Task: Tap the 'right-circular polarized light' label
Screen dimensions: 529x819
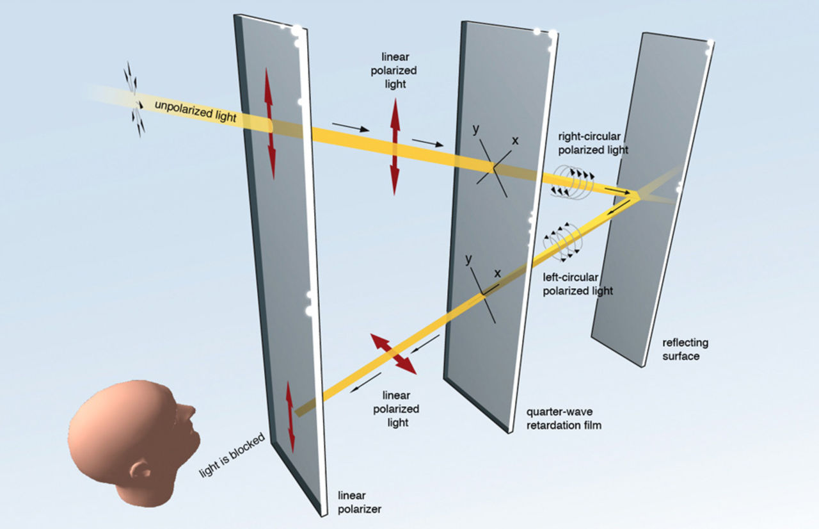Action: pos(592,143)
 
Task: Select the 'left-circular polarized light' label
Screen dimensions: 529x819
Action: pos(578,284)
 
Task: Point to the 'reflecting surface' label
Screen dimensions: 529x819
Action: pos(685,349)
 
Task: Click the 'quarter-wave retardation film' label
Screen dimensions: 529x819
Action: pos(563,418)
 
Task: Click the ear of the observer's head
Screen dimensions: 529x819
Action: pos(140,471)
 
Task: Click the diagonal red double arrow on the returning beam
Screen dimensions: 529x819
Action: pos(393,353)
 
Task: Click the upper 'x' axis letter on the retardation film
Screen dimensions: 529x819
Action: pos(515,140)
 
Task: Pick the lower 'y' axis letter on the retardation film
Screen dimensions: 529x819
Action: pos(469,259)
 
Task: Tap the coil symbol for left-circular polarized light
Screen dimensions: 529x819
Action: pos(561,241)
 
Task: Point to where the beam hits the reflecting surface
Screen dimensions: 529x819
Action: pos(638,195)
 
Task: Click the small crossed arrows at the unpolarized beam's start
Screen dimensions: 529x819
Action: pos(134,99)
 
